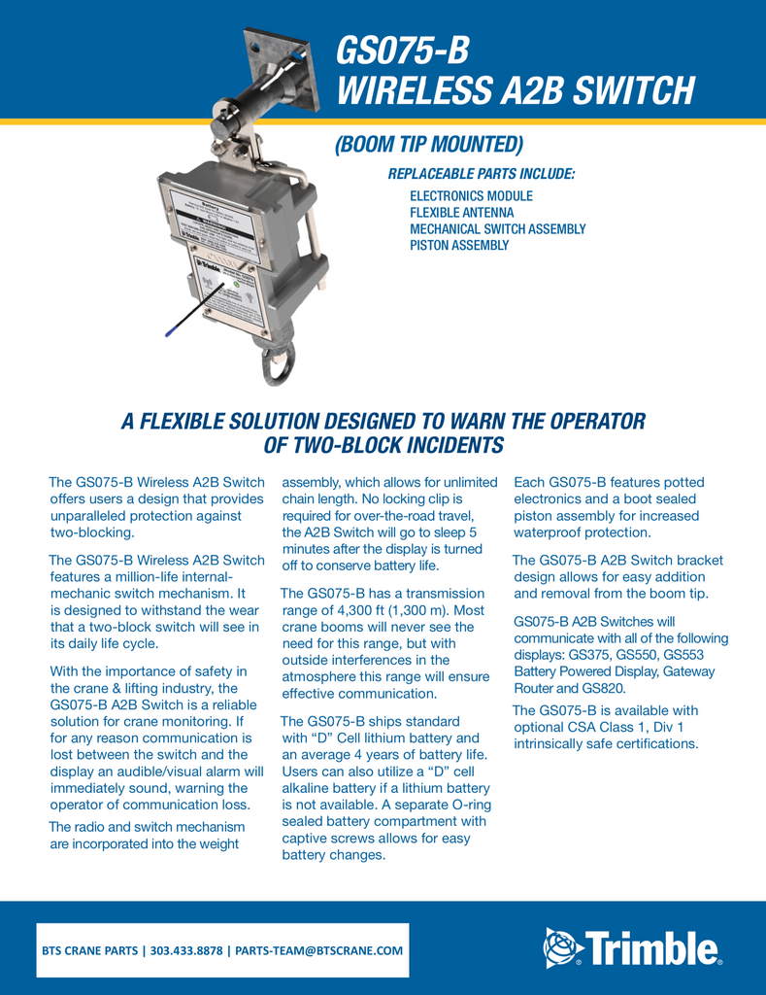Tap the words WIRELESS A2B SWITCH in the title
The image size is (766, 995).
click(x=515, y=90)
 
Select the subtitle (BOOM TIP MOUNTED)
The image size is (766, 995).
click(x=428, y=145)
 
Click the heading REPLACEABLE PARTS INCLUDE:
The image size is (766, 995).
click(x=481, y=174)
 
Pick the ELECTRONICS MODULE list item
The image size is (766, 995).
click(x=471, y=196)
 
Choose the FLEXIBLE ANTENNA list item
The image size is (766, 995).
click(x=461, y=213)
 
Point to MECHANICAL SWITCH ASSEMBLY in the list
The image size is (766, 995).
click(x=497, y=229)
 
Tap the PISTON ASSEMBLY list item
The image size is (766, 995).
click(x=459, y=246)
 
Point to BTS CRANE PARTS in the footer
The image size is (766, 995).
click(x=88, y=950)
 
